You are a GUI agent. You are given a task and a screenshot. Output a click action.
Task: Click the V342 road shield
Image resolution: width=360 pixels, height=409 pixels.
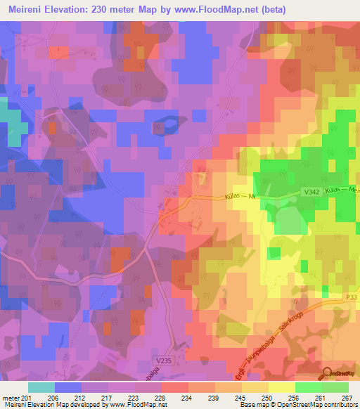(295, 190)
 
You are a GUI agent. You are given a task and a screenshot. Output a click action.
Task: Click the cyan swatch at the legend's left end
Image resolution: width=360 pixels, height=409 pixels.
(41, 387)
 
